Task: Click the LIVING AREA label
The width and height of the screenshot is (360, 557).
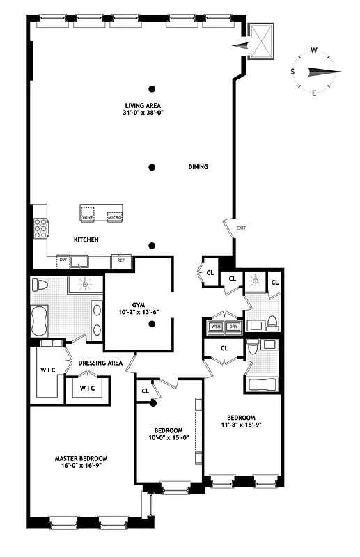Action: point(142,105)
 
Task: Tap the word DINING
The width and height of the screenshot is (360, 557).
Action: point(198,167)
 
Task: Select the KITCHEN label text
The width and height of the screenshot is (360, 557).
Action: point(86,240)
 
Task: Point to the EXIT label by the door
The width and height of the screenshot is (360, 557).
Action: point(241,228)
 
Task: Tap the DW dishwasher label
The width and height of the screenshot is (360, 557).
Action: point(63,260)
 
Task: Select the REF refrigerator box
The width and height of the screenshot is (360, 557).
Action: point(120,260)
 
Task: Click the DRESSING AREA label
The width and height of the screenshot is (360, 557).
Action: point(100,363)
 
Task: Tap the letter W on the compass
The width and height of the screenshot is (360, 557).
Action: point(314,49)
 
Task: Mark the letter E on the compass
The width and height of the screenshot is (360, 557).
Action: point(314,93)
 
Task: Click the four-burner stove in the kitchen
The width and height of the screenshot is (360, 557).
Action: point(40,228)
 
